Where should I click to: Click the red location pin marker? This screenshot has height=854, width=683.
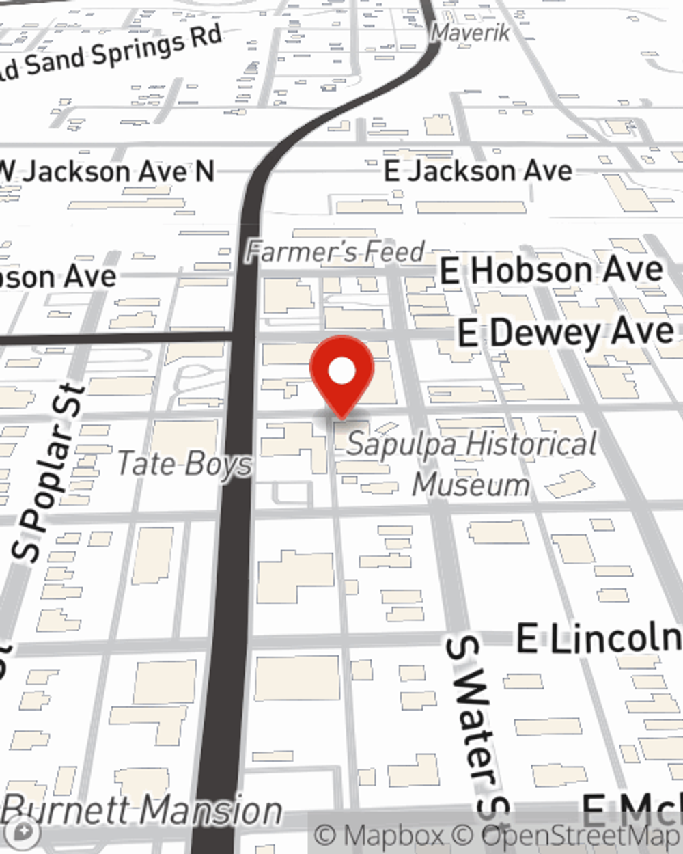click(x=341, y=375)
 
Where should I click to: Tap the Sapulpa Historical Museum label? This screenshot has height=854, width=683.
click(x=471, y=464)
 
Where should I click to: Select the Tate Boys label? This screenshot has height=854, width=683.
click(x=184, y=464)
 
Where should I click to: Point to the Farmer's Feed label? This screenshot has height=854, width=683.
click(x=335, y=251)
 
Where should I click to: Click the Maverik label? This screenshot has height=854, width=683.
click(x=471, y=32)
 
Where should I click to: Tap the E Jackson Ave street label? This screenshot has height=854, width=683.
click(x=478, y=171)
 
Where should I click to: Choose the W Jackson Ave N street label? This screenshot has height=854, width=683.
click(x=108, y=171)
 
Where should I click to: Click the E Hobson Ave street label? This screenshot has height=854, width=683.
click(x=551, y=271)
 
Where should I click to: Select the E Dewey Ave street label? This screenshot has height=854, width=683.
click(x=566, y=333)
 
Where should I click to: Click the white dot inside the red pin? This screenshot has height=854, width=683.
click(x=341, y=372)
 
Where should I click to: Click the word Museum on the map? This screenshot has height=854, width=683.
click(x=471, y=485)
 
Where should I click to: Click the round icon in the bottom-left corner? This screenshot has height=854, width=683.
click(x=25, y=831)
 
